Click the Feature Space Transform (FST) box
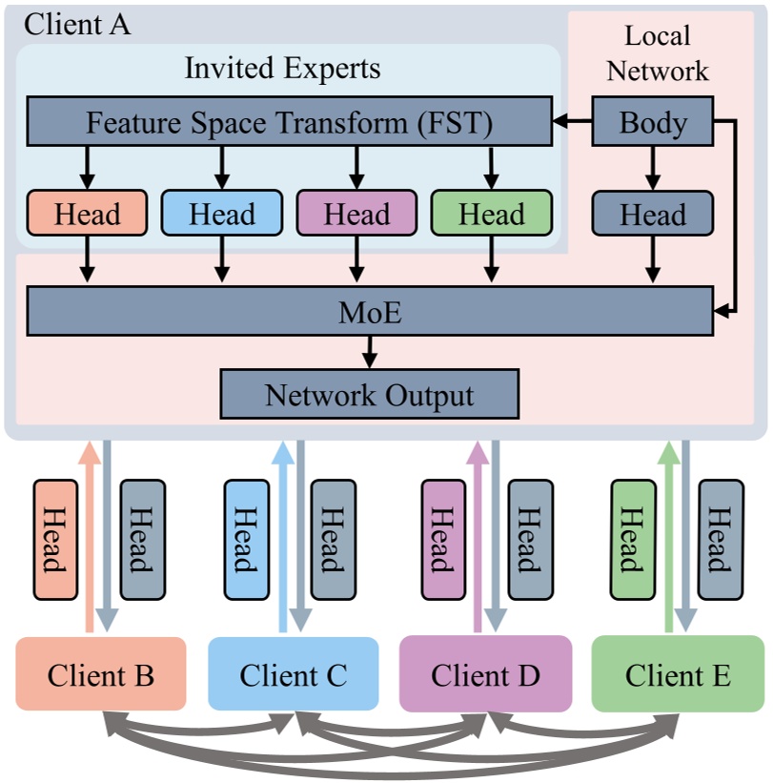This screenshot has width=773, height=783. [x=289, y=122]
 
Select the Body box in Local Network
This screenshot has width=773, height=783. [x=653, y=122]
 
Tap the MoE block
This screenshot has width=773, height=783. [x=370, y=312]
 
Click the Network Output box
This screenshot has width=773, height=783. [x=369, y=394]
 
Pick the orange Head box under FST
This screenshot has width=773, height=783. [x=87, y=214]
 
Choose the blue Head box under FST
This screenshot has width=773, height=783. [x=221, y=214]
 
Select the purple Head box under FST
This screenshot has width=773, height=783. [x=356, y=214]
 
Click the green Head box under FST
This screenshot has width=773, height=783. [x=491, y=214]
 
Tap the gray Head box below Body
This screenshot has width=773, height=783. [x=653, y=214]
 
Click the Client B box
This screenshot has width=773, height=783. [x=100, y=675]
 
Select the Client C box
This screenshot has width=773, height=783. [x=293, y=675]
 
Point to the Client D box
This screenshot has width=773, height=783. [x=485, y=675]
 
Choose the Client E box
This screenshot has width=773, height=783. [x=678, y=675]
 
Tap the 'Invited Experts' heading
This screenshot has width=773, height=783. [x=282, y=69]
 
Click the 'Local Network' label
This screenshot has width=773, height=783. [x=658, y=53]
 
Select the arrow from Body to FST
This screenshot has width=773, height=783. [x=573, y=122]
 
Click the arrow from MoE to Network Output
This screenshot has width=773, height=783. [x=370, y=352]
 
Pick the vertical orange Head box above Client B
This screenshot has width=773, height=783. [x=54, y=540]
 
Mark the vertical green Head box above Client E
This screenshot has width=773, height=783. [x=630, y=540]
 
